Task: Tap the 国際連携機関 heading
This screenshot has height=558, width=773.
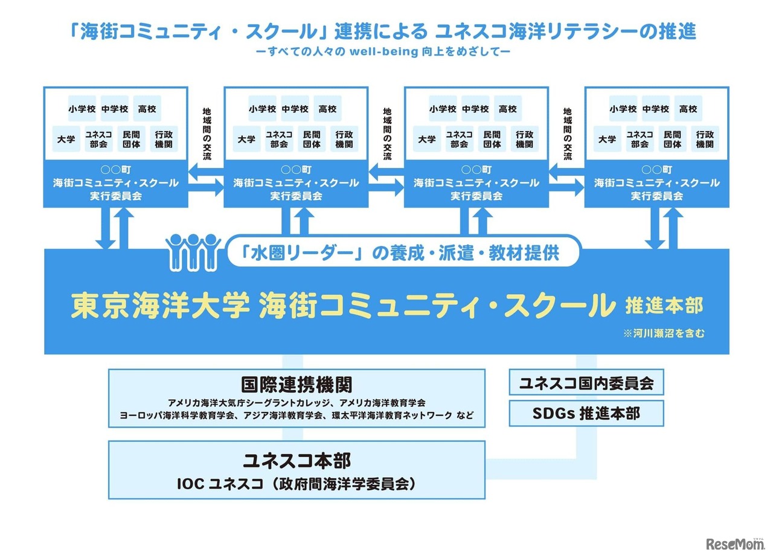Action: [297, 385]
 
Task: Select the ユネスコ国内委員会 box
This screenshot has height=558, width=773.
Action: [586, 383]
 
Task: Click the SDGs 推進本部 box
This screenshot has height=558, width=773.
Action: [586, 414]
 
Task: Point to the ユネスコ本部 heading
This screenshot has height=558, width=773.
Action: [297, 461]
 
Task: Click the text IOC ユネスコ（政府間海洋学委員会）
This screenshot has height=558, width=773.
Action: [297, 483]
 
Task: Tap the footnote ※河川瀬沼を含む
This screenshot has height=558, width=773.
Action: [664, 333]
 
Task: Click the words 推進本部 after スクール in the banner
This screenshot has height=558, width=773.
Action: [664, 306]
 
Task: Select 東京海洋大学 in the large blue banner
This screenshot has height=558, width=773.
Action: [160, 306]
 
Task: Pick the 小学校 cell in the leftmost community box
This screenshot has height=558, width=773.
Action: [82, 109]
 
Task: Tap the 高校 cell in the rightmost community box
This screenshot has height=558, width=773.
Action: [688, 109]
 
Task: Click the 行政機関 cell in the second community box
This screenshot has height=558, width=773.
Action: [344, 139]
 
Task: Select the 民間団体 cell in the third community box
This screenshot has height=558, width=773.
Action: [492, 139]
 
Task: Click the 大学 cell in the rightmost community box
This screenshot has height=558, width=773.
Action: [607, 139]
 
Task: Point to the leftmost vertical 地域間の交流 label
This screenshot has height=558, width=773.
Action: [207, 134]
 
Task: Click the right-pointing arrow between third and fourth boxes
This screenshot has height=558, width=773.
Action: [566, 188]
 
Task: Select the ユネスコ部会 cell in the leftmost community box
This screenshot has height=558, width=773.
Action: [98, 139]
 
